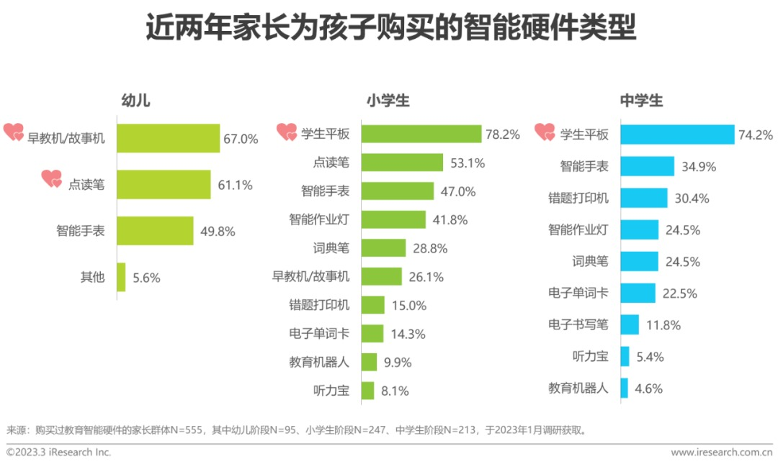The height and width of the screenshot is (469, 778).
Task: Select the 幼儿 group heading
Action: [x=135, y=101]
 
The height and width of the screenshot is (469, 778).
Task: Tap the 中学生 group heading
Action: [x=641, y=101]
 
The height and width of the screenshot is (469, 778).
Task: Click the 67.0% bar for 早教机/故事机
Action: [x=168, y=138]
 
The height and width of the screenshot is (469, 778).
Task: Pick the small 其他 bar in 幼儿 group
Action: [x=121, y=277]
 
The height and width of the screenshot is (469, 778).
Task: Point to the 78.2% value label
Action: [x=503, y=135]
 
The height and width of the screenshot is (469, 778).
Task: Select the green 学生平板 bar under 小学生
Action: [x=421, y=135]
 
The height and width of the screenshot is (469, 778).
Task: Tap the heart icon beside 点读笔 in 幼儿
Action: [x=52, y=178]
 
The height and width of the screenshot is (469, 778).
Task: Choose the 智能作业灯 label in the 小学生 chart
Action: [x=319, y=219]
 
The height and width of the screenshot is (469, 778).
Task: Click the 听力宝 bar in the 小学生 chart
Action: [x=368, y=391]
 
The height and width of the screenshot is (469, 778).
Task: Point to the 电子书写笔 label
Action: [x=578, y=324]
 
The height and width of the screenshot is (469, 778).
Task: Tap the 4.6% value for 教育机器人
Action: [x=648, y=388]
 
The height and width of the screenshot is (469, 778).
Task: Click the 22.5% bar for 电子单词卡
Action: [x=638, y=293]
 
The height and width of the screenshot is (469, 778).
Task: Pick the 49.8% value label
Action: [x=218, y=232]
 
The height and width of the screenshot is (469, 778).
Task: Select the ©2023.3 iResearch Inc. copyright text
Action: [x=59, y=452]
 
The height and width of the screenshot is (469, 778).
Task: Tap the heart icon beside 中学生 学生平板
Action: [x=545, y=132]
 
